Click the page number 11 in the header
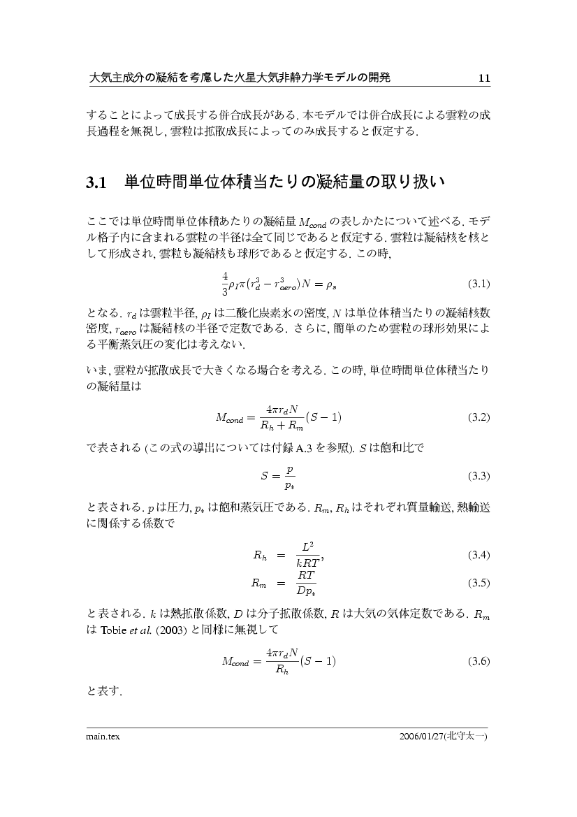pyautogui.click(x=484, y=78)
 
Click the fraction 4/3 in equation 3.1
pyautogui.click(x=224, y=284)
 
